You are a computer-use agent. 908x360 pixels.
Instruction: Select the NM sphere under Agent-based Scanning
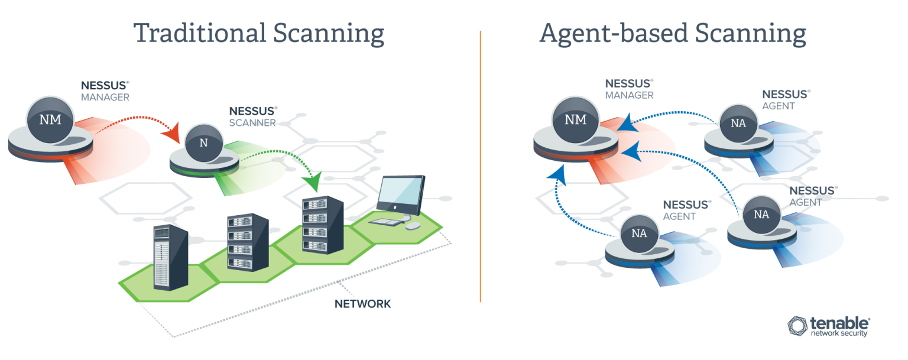575,120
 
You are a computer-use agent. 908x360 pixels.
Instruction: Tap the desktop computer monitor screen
400,192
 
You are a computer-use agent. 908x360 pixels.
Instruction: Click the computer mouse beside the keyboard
413,226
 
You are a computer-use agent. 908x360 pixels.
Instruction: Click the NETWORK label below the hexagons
362,304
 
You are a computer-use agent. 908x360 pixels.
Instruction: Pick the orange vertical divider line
480,166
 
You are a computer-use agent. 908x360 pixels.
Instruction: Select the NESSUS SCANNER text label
252,116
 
